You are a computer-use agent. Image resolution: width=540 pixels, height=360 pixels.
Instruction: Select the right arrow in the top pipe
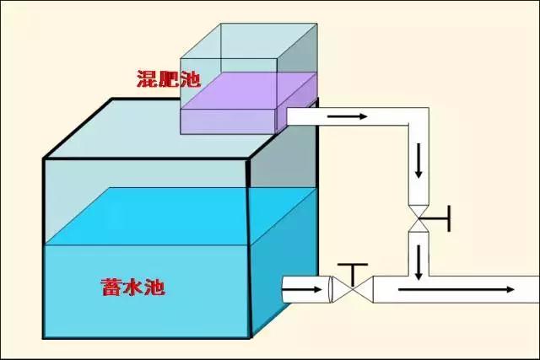click(x=347, y=116)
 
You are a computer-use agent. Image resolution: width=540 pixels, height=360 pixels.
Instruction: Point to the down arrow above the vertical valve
click(x=418, y=164)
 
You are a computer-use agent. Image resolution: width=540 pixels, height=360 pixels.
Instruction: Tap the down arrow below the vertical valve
click(x=418, y=262)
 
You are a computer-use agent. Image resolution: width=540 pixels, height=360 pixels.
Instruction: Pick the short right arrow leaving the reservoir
click(x=302, y=291)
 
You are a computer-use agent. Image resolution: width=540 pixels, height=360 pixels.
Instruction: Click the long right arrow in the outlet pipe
click(x=456, y=290)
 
